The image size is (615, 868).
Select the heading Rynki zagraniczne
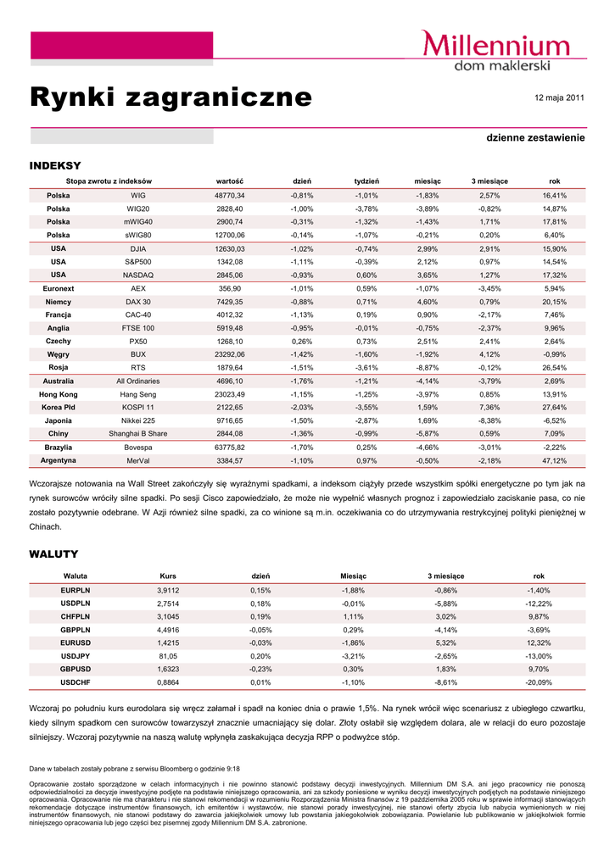point(171,97)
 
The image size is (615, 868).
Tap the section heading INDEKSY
point(55,164)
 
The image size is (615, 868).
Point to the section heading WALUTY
point(53,554)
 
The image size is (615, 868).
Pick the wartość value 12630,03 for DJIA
point(230,248)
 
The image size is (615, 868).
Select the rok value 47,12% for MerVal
point(554,460)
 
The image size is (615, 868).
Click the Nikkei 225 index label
point(137,420)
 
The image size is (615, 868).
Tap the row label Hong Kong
point(59,394)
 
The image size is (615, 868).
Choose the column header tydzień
point(366,181)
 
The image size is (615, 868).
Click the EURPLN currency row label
point(75,590)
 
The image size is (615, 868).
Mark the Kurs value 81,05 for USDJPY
point(168,656)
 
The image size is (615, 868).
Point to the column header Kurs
point(168,576)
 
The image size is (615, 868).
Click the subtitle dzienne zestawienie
point(535,137)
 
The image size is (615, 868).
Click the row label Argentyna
point(59,460)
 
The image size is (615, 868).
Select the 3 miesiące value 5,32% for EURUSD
point(446,643)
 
